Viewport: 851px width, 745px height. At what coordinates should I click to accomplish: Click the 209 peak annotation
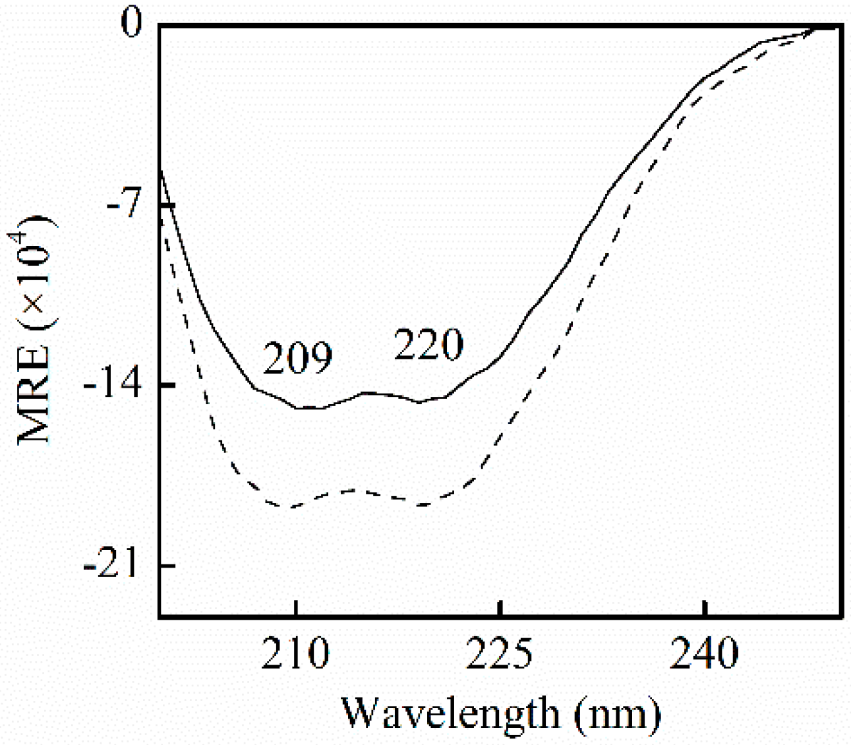pyautogui.click(x=297, y=359)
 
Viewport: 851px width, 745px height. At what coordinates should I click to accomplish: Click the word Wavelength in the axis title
pyautogui.click(x=449, y=713)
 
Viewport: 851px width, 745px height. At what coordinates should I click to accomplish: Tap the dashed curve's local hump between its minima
pyautogui.click(x=356, y=490)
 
